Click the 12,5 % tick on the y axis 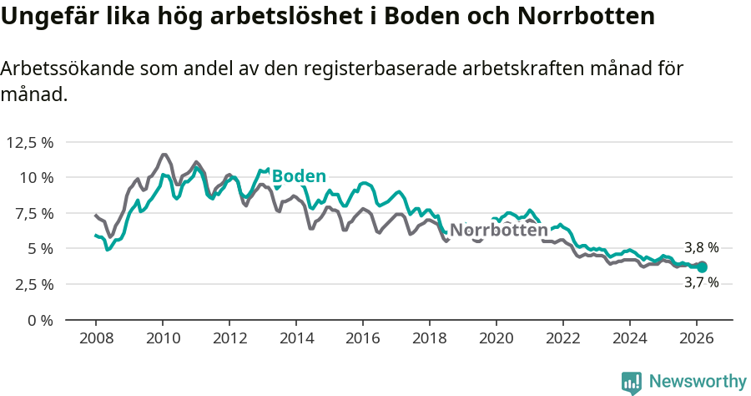[x=30, y=142]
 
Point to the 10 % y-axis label [x=35, y=177]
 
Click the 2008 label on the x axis [x=96, y=338]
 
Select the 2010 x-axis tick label [x=163, y=338]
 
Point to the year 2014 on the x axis [x=296, y=338]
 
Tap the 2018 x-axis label [x=430, y=338]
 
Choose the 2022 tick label [x=563, y=338]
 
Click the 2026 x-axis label [x=697, y=338]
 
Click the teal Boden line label [x=299, y=176]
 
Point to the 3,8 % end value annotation [x=701, y=248]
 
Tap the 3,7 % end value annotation [x=701, y=282]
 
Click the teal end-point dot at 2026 [x=702, y=267]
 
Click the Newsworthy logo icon [x=632, y=382]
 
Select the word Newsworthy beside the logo [x=698, y=382]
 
